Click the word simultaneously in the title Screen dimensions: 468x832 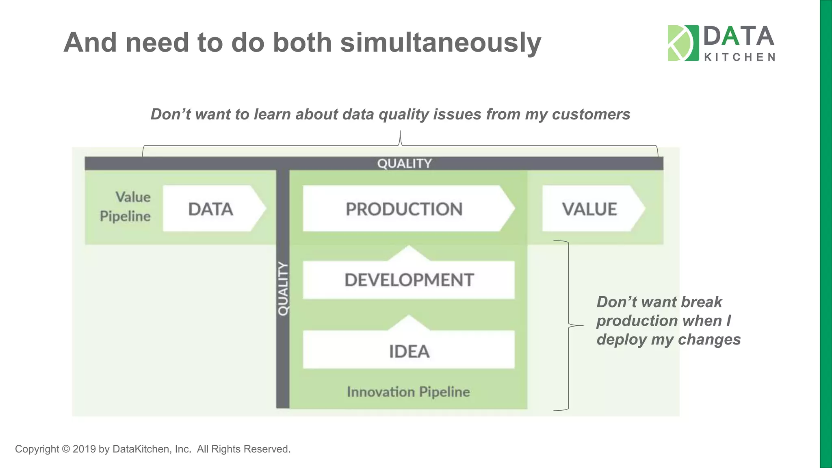click(x=440, y=42)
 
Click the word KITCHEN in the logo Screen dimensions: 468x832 click(x=739, y=57)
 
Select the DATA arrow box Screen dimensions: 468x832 click(x=211, y=209)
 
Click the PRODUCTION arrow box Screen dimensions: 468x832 click(x=404, y=209)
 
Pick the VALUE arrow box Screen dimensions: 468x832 click(x=590, y=209)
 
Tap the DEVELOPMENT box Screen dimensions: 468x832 click(x=409, y=280)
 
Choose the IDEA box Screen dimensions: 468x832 click(x=409, y=351)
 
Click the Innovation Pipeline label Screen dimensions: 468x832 click(x=408, y=392)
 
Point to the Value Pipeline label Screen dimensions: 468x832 click(x=126, y=206)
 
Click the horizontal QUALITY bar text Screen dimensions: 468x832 click(x=404, y=163)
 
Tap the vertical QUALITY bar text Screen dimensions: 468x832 click(x=283, y=288)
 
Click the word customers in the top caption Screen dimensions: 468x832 click(x=591, y=114)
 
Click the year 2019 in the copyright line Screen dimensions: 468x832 click(x=84, y=449)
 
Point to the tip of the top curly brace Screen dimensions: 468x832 click(x=400, y=132)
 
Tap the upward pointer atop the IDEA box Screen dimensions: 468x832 click(x=409, y=322)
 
